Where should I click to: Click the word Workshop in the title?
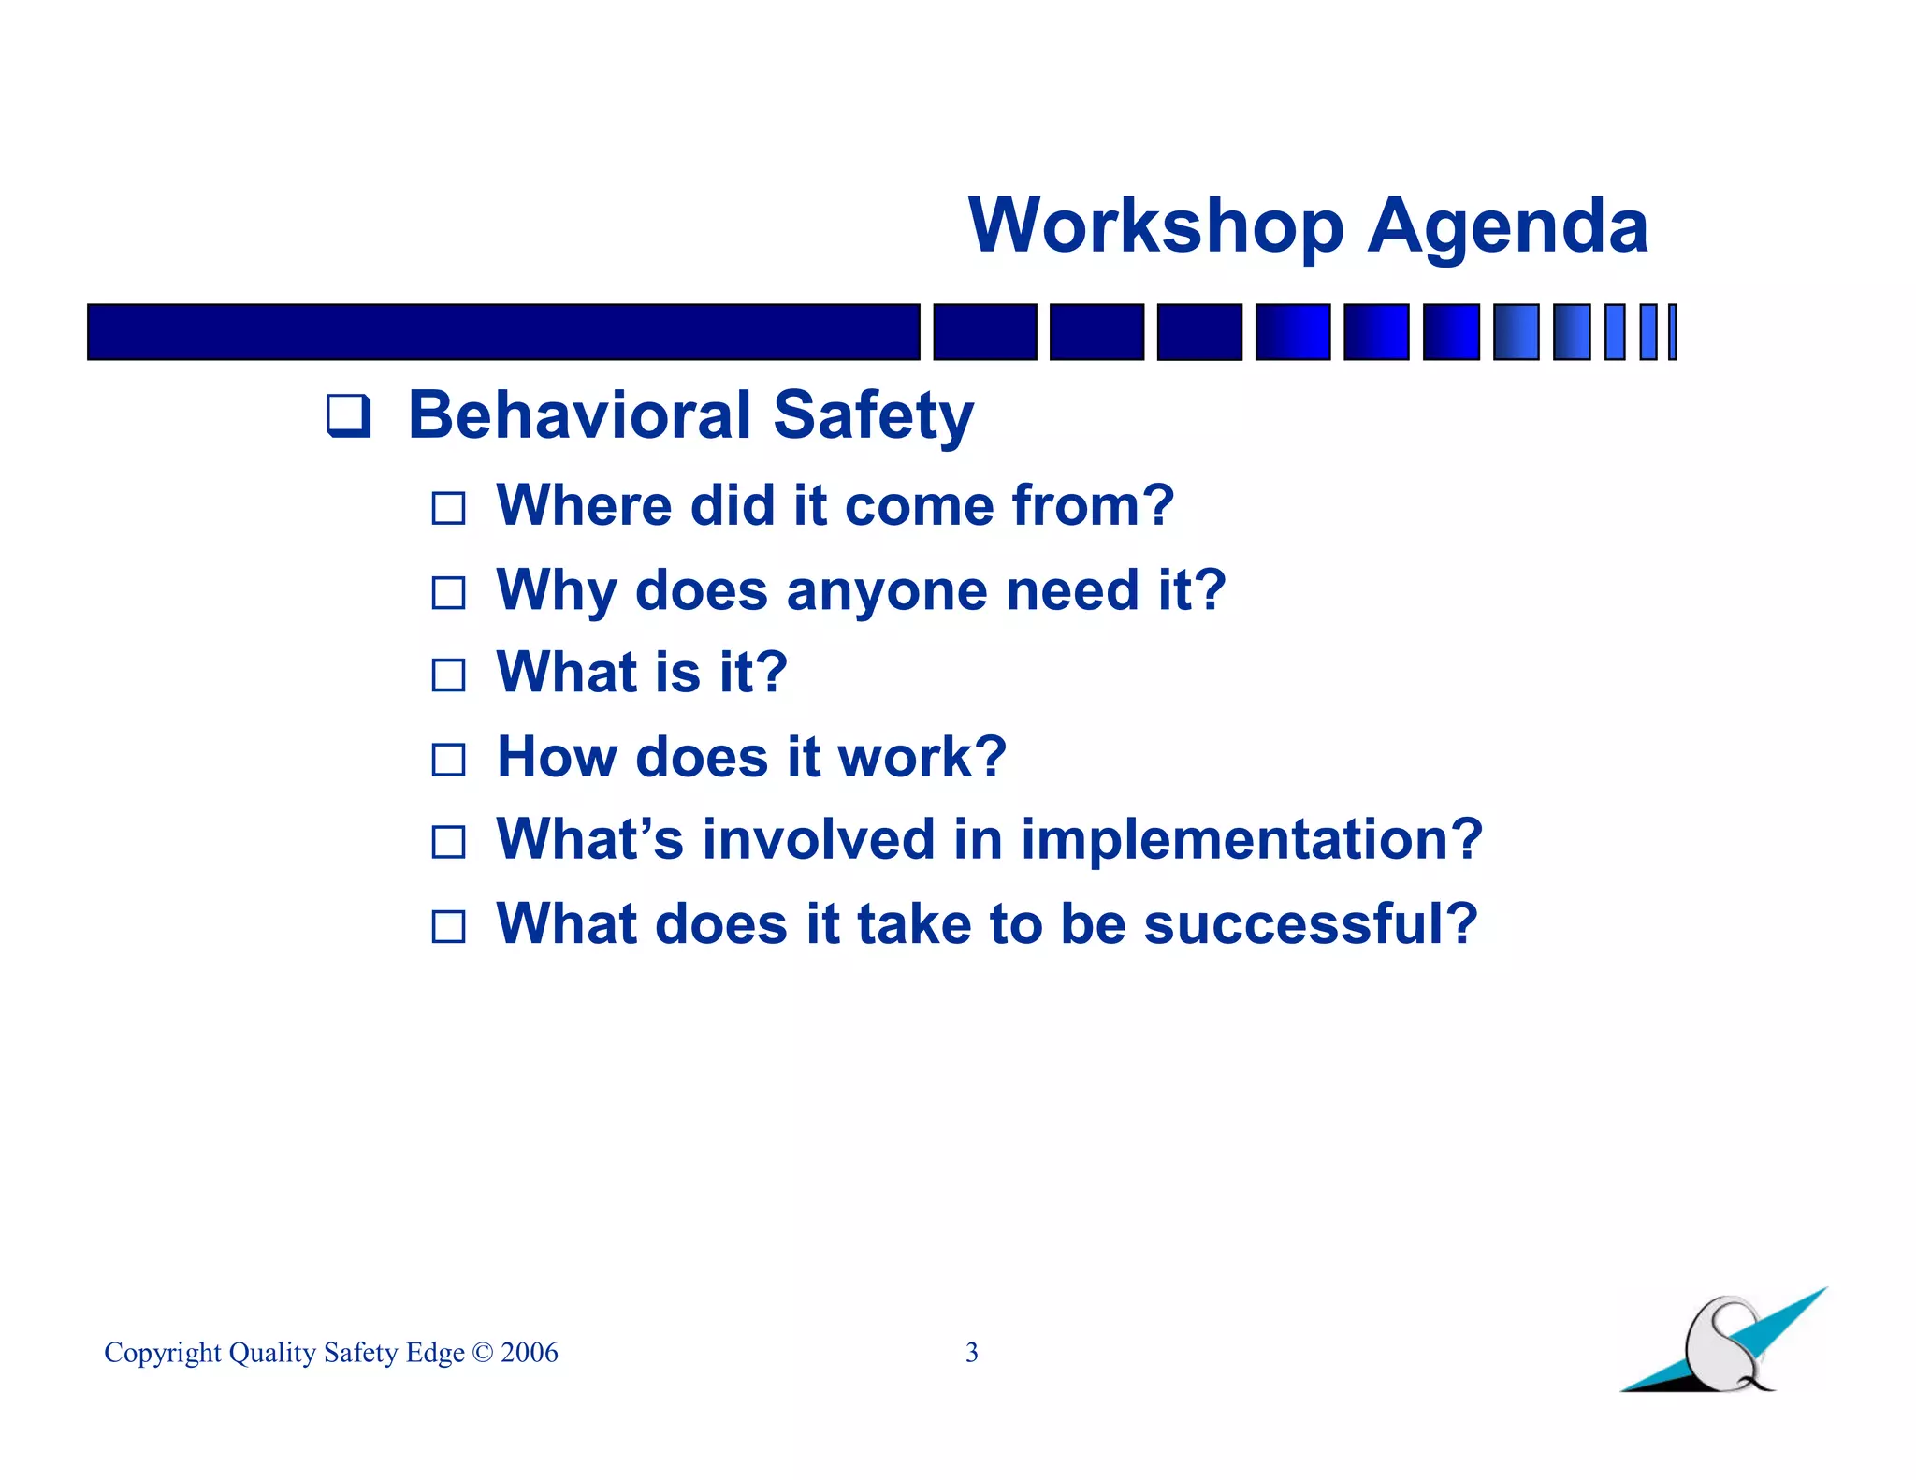[1155, 226]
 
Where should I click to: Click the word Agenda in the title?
[1507, 228]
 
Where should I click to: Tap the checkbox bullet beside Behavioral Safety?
[348, 416]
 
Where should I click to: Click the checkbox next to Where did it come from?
[448, 508]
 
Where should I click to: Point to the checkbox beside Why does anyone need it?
[448, 592]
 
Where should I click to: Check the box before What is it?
[448, 675]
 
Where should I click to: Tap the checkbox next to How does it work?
[448, 759]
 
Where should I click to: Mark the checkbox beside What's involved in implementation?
[448, 842]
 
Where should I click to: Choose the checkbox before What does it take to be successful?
[448, 926]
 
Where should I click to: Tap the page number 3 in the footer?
[971, 1352]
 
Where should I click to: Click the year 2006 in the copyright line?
[529, 1353]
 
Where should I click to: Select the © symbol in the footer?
[482, 1353]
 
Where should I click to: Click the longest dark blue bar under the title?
[503, 332]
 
